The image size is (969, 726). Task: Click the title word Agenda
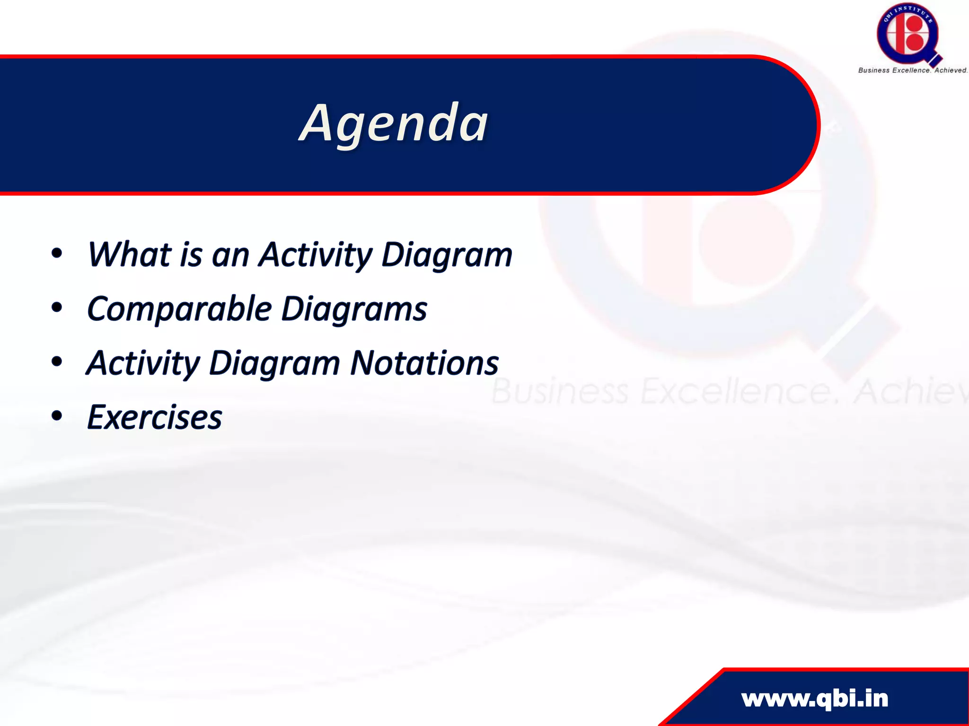[394, 124]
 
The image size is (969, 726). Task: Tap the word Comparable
[179, 309]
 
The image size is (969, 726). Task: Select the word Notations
[424, 363]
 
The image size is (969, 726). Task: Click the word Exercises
[155, 418]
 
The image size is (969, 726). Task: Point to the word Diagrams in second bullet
[354, 309]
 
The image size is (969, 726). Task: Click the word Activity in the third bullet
[143, 364]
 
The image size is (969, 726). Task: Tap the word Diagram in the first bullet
[447, 256]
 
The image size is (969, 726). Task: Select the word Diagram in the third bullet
[274, 364]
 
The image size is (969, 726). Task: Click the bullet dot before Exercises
[57, 416]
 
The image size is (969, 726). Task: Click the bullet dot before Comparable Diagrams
[57, 308]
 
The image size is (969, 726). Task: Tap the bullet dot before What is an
[57, 253]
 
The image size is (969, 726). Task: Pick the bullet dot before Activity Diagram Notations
[57, 362]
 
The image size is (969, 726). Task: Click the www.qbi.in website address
[815, 699]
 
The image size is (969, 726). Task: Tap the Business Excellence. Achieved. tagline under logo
[912, 70]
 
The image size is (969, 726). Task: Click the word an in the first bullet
[230, 256]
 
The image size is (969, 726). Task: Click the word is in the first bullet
[191, 255]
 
